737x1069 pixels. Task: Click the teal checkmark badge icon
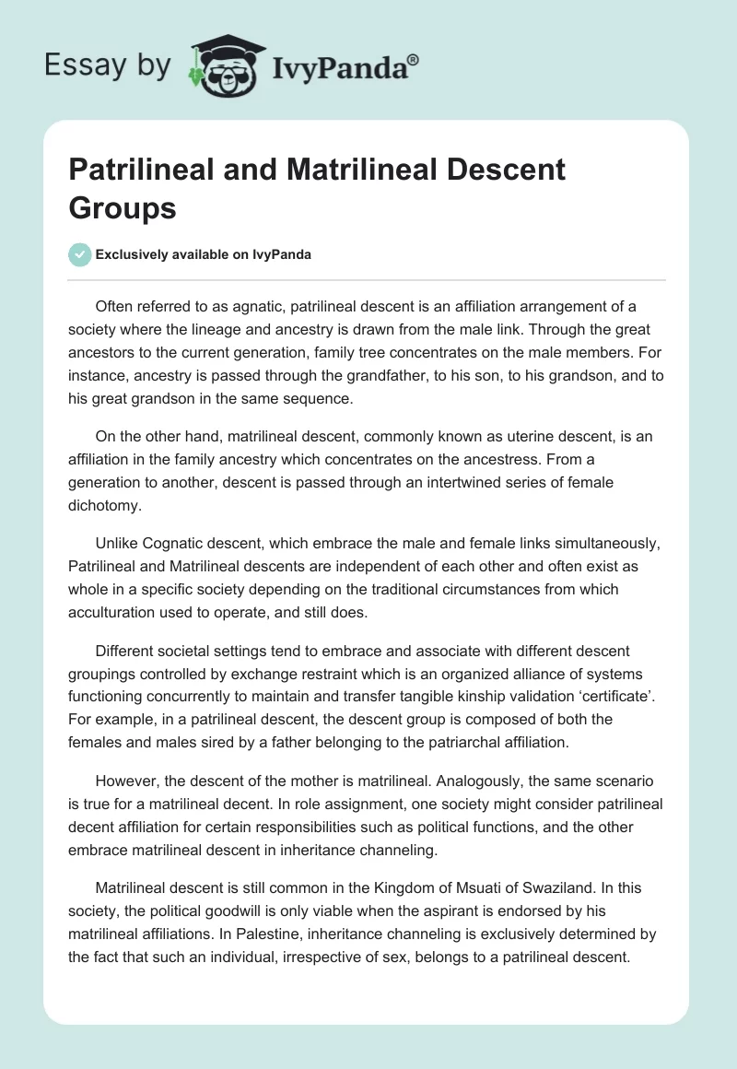[80, 254]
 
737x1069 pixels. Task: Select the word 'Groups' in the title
[122, 208]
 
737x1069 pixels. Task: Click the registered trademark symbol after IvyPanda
[414, 59]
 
